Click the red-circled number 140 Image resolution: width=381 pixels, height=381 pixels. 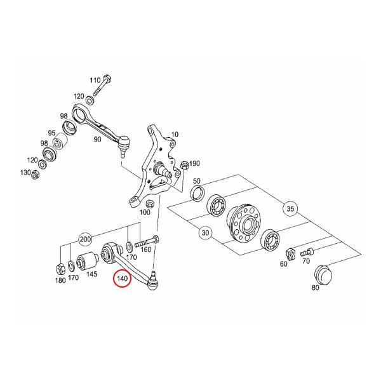121,278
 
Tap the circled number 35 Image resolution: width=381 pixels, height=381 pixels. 291,208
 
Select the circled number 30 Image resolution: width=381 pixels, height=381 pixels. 205,233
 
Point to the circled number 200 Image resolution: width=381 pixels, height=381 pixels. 85,239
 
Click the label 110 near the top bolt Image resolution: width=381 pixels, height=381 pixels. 95,81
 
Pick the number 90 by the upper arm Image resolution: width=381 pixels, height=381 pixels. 98,139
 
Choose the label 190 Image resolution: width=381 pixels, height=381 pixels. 194,163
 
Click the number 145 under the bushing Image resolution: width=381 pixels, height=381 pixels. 91,275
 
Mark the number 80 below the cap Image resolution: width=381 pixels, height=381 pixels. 316,288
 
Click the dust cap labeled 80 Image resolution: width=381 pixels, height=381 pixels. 324,274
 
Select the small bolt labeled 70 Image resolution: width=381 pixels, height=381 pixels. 311,251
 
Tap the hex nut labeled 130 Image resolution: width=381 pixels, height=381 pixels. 36,173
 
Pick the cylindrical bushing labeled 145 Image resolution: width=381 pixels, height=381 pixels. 87,260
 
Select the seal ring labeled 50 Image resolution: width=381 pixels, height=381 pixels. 197,192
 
